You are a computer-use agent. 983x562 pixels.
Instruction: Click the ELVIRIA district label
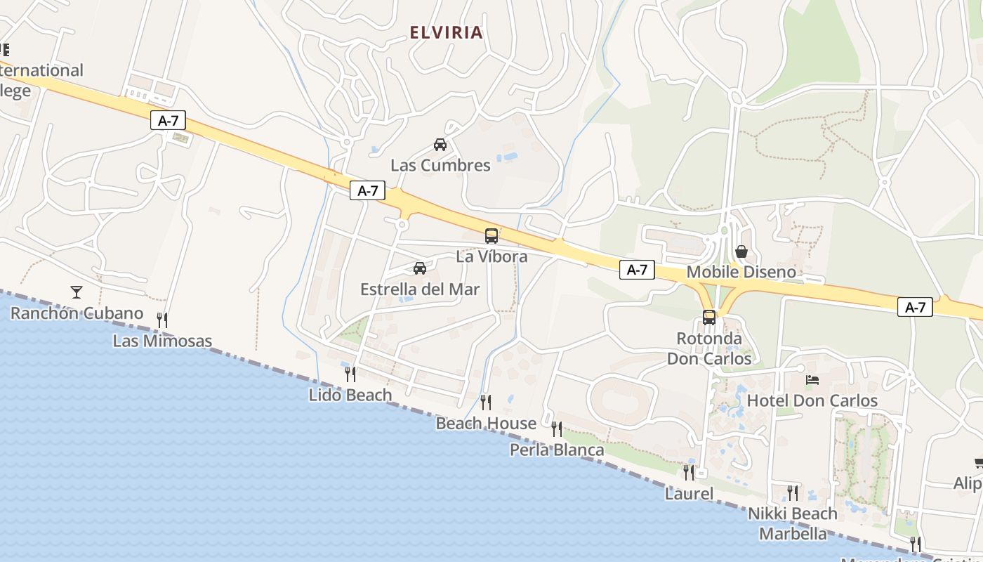tap(447, 32)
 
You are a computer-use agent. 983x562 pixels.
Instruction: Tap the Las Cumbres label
tap(440, 166)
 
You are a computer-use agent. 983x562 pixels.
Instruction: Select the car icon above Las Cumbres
tap(440, 145)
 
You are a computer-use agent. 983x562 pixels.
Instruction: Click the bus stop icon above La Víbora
tap(491, 236)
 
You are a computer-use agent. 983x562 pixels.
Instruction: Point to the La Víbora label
tap(491, 256)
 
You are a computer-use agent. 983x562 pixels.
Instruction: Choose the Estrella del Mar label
tap(420, 289)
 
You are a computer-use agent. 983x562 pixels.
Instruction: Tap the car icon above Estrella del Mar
tap(420, 268)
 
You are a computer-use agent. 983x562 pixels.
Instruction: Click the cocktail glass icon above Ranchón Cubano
tap(77, 292)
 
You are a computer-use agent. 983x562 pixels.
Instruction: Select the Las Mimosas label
tap(162, 341)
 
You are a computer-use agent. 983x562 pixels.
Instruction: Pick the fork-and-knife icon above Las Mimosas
tap(162, 320)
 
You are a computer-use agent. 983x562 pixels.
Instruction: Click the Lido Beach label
tap(350, 395)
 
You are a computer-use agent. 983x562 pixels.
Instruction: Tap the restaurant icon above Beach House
tap(485, 402)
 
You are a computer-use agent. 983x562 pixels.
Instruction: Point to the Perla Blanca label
tap(557, 450)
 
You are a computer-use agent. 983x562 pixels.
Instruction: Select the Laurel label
tap(689, 494)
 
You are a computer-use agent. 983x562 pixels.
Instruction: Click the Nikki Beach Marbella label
tap(793, 523)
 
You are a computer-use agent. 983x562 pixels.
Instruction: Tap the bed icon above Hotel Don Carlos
tap(812, 380)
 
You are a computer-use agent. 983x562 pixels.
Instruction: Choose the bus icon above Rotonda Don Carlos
tap(709, 318)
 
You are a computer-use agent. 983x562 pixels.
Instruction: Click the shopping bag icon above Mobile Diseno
tap(741, 251)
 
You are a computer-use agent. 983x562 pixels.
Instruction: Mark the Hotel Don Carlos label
tap(812, 400)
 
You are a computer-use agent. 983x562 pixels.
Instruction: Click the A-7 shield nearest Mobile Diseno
tap(637, 270)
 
